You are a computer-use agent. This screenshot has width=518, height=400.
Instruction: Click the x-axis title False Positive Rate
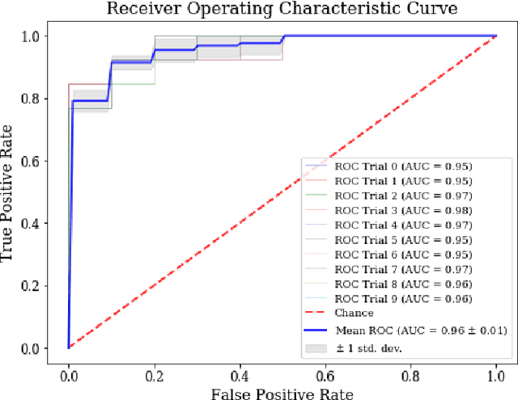(x=282, y=392)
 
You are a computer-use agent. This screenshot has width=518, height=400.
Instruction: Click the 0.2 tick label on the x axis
(x=154, y=374)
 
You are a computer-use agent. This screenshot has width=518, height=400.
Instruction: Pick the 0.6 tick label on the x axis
(x=325, y=374)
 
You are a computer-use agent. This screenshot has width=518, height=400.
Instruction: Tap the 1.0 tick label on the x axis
(x=496, y=374)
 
